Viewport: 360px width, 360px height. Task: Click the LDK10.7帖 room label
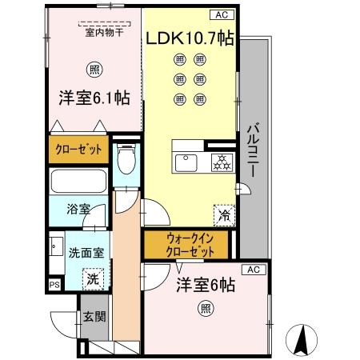(x=189, y=38)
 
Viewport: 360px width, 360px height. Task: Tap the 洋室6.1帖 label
(x=94, y=98)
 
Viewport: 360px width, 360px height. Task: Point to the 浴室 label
(x=78, y=209)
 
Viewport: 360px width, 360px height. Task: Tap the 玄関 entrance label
(x=94, y=316)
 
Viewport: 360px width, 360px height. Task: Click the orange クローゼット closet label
(x=78, y=150)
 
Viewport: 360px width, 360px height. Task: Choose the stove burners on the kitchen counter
(x=222, y=162)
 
